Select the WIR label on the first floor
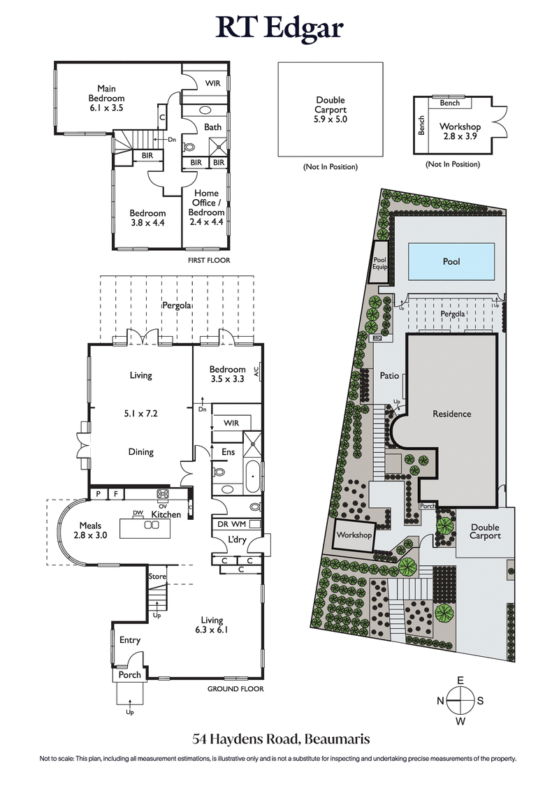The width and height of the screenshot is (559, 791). point(212,83)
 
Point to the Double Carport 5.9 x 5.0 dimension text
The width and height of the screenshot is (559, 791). point(331,110)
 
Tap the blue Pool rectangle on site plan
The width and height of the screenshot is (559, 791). point(451,261)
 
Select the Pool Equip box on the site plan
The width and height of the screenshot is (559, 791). point(379,262)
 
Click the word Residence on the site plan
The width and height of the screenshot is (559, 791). point(451,414)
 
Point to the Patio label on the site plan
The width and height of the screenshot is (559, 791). point(389,376)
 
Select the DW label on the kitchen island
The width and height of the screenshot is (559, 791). point(138,513)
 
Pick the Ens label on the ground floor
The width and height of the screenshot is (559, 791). point(228,452)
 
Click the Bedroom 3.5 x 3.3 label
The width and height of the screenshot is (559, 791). point(227,375)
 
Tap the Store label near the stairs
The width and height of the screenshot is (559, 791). point(157,576)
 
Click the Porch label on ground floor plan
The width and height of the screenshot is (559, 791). point(130,674)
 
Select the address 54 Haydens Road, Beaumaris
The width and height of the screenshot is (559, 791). point(279,739)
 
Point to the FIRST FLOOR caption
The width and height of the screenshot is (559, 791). point(209,260)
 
